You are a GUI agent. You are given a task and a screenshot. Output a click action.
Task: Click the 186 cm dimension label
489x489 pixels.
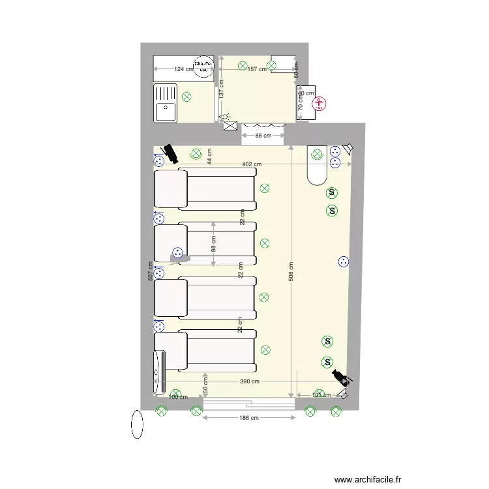click(249, 417)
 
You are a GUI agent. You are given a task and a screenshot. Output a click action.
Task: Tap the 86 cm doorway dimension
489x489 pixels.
click(262, 136)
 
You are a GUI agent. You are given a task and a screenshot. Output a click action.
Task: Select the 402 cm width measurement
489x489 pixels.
click(252, 165)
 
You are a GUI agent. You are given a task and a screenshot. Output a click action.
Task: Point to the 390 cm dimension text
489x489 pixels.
click(250, 381)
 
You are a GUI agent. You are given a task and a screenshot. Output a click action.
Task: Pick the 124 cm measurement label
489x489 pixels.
click(183, 68)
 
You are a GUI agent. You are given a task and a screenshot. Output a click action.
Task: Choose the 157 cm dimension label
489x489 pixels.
click(257, 68)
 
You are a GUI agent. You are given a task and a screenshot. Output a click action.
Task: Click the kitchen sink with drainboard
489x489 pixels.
click(166, 103)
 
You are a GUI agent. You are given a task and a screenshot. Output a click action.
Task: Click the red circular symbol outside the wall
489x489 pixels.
click(320, 104)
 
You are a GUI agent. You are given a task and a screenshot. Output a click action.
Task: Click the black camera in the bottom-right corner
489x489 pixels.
click(340, 376)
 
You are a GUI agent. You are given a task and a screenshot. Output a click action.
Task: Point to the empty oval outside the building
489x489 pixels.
click(137, 424)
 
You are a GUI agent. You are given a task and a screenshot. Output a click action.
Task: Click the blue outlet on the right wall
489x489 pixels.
click(343, 262)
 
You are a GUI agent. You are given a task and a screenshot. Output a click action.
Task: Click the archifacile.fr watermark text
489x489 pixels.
click(368, 479)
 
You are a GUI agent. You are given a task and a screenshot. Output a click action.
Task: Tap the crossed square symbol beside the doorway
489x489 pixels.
click(230, 126)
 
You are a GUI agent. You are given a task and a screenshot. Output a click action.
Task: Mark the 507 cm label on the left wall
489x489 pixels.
click(151, 271)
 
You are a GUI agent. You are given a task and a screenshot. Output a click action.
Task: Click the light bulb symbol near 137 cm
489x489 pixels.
click(226, 117)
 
